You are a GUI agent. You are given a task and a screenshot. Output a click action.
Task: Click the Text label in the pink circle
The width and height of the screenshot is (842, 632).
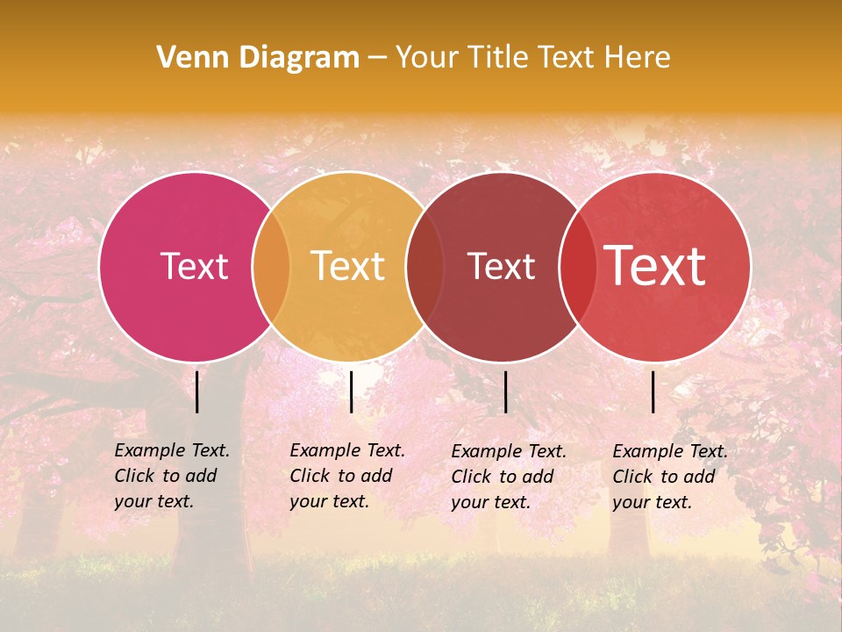tap(194, 266)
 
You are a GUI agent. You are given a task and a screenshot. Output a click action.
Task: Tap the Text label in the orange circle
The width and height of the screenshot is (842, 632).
tap(347, 266)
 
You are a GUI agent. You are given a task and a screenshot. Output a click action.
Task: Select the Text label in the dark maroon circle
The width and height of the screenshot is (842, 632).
tap(501, 266)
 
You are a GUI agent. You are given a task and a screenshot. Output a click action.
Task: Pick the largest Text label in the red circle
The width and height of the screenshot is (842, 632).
tap(654, 266)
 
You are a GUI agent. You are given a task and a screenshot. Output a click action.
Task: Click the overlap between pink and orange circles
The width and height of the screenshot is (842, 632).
tap(272, 267)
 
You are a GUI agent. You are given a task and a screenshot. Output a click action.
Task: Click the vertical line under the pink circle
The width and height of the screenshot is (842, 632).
tap(197, 391)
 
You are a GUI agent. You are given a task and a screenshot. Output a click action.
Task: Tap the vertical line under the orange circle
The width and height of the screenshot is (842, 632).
tap(351, 391)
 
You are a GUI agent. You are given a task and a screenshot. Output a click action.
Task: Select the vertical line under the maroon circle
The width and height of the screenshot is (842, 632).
tap(506, 391)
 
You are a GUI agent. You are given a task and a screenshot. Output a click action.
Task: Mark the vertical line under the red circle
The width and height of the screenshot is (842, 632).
tap(653, 391)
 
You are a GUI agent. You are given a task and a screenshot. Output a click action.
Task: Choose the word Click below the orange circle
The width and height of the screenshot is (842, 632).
tap(310, 476)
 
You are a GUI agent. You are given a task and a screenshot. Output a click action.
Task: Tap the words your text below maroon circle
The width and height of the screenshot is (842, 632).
tap(491, 502)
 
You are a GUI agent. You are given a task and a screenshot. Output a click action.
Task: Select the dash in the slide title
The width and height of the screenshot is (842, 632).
tap(377, 58)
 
